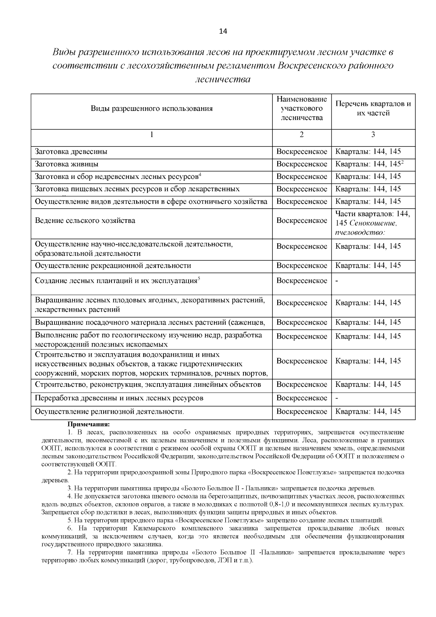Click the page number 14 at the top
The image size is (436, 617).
223,31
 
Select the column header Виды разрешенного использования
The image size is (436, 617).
152,109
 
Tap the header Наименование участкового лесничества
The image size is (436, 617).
302,108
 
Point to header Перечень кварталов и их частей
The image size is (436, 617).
373,108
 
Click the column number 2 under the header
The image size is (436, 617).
302,135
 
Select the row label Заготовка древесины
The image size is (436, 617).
71,152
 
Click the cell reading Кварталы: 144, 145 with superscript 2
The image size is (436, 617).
369,164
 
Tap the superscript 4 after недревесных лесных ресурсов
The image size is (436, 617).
200,175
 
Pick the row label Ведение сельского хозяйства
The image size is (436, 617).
85,221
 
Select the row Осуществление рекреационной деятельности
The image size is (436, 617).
113,265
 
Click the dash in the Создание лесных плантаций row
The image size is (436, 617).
337,281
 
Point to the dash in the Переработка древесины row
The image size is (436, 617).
337,398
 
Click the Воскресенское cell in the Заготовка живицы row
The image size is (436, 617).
302,164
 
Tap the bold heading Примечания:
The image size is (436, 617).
88,424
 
